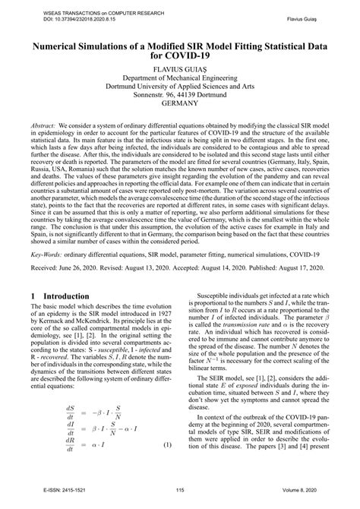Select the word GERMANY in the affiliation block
pos(179,107)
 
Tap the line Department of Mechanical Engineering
pos(179,78)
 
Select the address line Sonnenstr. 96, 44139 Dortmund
pos(179,97)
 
